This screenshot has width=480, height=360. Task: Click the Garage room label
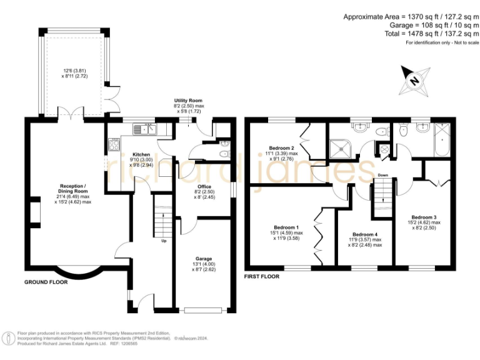(204, 259)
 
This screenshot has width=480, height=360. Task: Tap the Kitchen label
(141, 154)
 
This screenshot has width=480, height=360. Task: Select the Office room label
(204, 186)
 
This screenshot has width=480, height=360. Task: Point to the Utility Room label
(188, 101)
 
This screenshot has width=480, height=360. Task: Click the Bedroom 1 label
(286, 227)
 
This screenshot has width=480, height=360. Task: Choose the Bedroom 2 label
(282, 148)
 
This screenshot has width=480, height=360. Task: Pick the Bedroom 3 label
(424, 217)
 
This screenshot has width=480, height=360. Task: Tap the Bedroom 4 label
(365, 234)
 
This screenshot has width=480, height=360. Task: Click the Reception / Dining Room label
(73, 189)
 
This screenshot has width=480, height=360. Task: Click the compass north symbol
(414, 81)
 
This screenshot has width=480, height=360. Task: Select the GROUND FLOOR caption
(46, 282)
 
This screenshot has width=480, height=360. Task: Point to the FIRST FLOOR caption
(262, 276)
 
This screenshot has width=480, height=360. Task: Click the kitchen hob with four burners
(114, 145)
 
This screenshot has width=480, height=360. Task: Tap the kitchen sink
(145, 129)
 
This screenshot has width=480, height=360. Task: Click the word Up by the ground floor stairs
(164, 241)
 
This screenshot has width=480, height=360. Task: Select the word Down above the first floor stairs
(382, 175)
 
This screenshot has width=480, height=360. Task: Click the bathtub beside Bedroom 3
(442, 140)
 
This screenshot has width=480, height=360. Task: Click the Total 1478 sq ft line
(432, 34)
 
